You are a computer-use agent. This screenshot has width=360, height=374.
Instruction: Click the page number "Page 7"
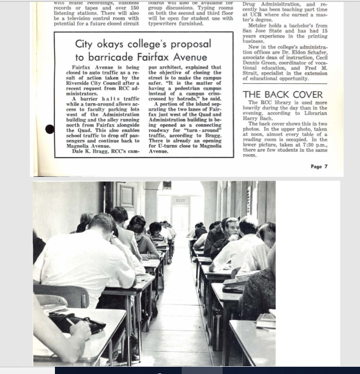(x=319, y=167)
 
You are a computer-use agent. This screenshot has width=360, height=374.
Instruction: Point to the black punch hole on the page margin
(x=50, y=129)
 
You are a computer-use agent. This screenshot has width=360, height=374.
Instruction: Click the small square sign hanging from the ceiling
(x=167, y=185)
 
